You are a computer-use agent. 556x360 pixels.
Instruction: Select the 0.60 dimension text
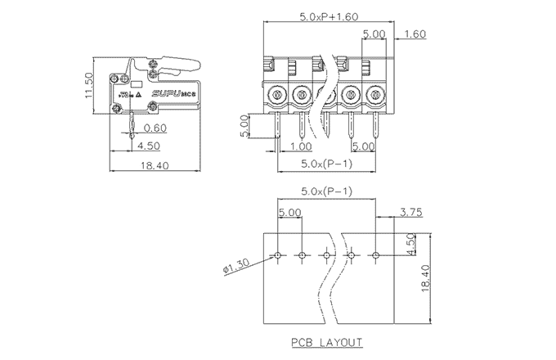[155, 128]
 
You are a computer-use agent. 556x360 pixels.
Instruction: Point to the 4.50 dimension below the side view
[148, 146]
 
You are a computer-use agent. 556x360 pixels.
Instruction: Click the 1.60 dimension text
[415, 34]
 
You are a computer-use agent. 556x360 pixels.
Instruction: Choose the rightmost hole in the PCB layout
[375, 255]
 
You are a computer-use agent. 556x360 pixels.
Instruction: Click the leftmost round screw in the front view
[276, 96]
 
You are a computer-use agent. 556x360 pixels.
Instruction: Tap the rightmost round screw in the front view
[375, 96]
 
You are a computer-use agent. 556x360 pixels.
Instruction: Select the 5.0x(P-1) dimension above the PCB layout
[326, 192]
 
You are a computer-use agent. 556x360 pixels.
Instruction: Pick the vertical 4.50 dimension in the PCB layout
[411, 244]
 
